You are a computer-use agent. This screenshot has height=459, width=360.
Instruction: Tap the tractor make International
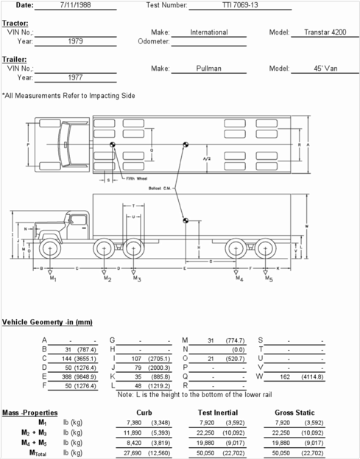(x=208, y=32)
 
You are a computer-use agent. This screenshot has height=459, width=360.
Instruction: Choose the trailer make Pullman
(x=208, y=68)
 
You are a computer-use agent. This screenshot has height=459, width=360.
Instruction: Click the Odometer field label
(x=154, y=41)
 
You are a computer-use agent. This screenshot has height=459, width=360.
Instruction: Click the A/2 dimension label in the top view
(x=208, y=158)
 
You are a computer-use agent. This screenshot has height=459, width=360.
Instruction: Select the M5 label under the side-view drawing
(x=269, y=279)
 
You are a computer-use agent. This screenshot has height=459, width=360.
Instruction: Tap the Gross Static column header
(x=294, y=413)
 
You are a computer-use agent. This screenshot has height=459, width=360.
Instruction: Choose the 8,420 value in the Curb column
(x=133, y=444)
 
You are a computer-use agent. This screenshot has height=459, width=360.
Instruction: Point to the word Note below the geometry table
(x=125, y=395)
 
